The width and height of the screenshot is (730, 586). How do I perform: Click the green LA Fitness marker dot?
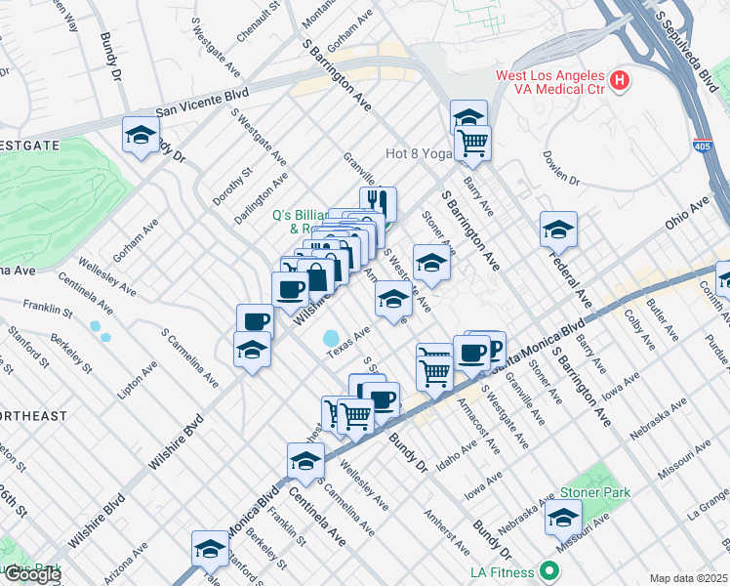pos(550,571)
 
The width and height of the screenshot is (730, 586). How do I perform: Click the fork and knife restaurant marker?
pos(378,203)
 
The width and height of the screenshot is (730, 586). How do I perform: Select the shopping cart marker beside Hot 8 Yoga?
pos(472,143)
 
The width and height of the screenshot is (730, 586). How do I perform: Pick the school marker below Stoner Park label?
pos(563,519)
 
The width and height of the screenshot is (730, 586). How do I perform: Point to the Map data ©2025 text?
pos(688,578)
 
